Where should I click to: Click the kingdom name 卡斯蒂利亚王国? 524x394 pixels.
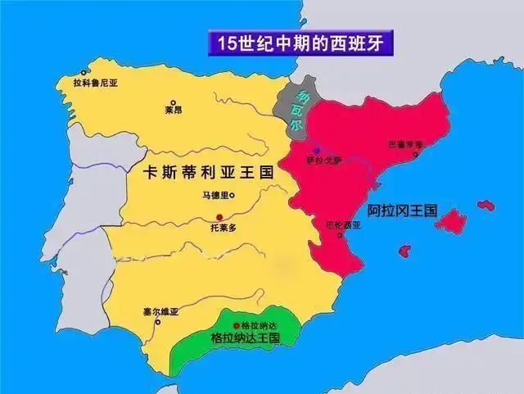coord(206,174)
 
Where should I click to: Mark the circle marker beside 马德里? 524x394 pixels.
coord(233,196)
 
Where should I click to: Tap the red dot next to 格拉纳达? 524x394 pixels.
coord(237,325)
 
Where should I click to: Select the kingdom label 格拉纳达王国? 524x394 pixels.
coord(246,337)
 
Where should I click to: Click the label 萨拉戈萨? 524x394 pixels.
coord(321,160)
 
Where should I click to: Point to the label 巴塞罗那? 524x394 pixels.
coord(405,144)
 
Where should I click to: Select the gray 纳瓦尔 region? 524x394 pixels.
coord(293,111)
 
